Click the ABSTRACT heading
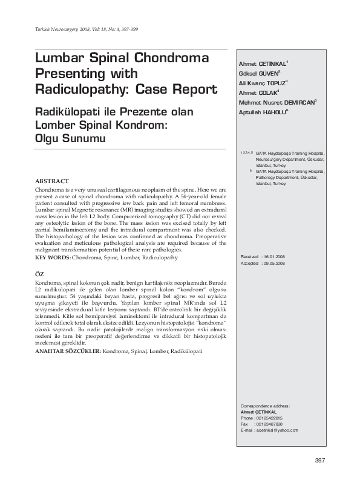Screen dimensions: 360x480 52,181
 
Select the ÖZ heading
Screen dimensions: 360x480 39,274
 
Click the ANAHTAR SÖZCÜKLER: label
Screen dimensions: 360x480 68,351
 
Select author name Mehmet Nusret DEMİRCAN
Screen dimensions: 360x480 278,102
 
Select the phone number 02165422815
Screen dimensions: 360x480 269,418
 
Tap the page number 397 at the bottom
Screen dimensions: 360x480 320,461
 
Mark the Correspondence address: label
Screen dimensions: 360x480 265,406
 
